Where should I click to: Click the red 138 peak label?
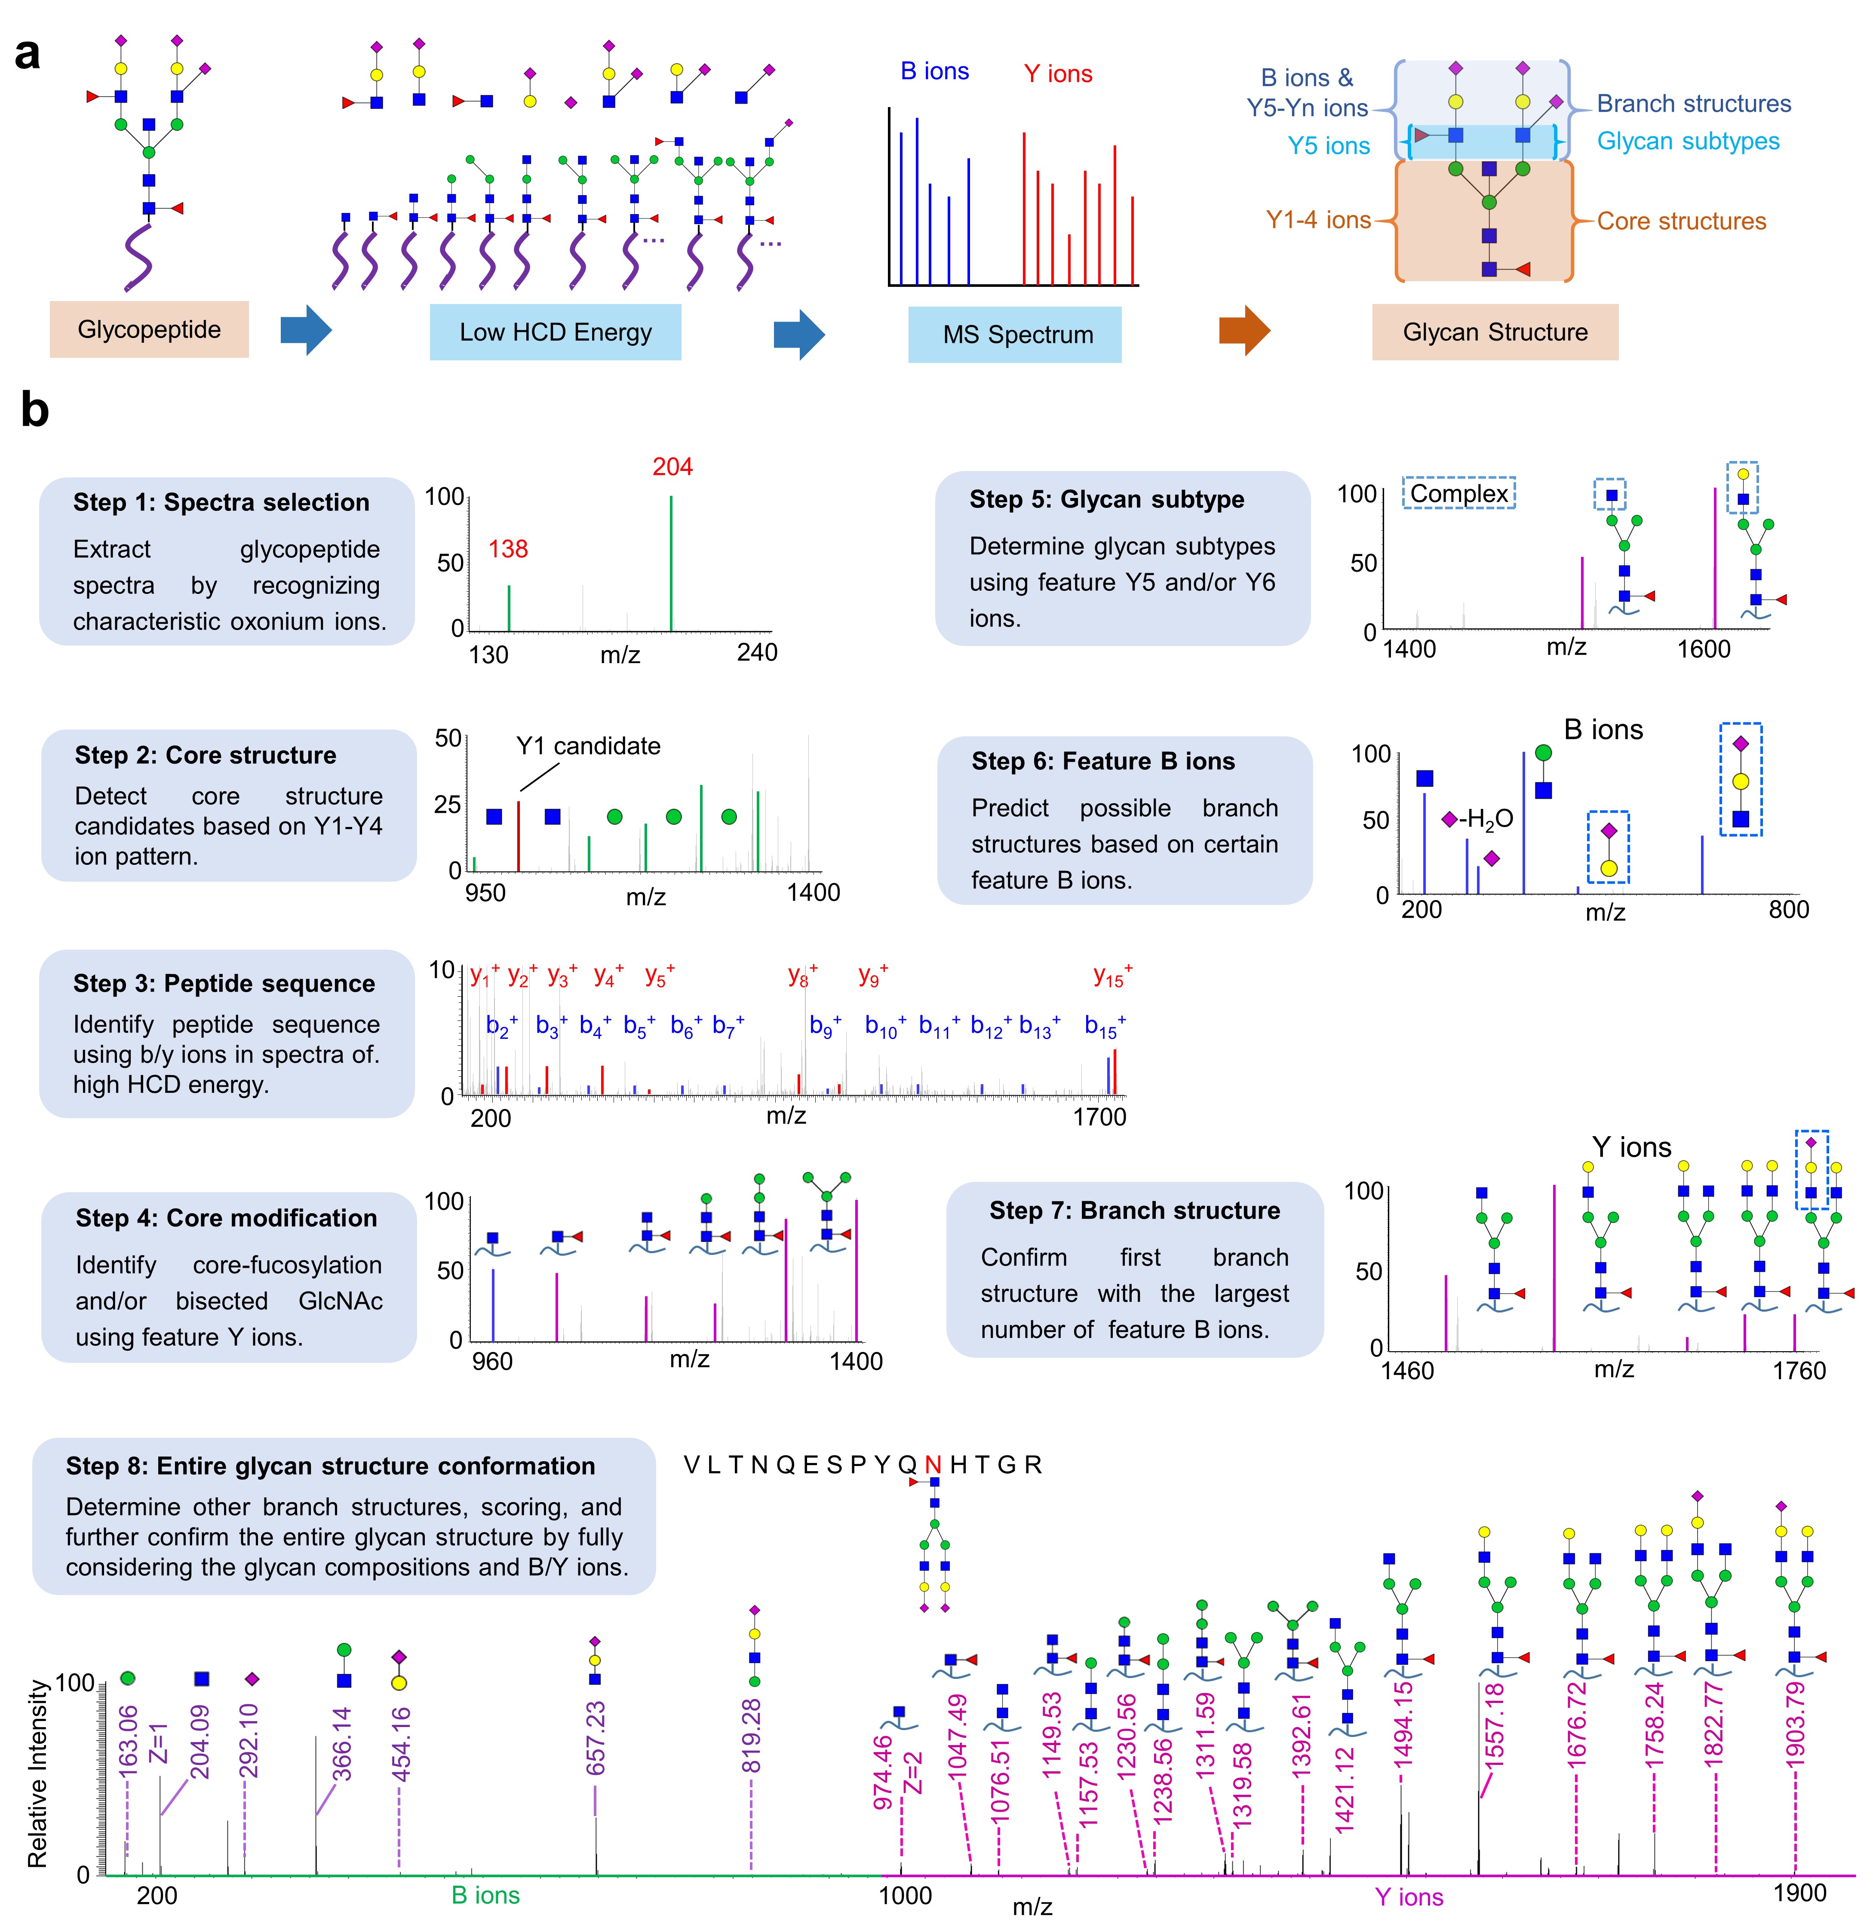point(508,549)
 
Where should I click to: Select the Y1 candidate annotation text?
point(588,746)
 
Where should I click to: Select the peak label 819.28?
point(752,1736)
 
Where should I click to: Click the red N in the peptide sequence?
point(933,1465)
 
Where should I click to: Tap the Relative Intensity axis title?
point(37,1773)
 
